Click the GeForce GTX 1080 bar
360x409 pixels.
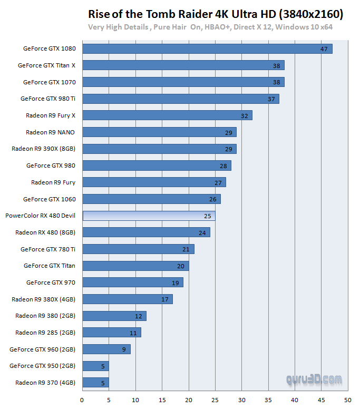207,48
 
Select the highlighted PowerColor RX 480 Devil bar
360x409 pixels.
149,216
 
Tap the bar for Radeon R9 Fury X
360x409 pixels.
167,115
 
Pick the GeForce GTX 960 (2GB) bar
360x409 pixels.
106,349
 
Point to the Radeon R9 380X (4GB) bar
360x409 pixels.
128,299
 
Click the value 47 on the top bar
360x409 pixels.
324,49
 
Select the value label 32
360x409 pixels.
244,115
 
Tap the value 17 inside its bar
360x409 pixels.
164,299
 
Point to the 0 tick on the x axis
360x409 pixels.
82,400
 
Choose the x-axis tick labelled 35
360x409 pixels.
268,400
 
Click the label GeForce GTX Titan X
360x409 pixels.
46,66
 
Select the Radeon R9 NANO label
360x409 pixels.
50,132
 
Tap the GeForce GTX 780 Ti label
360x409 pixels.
48,249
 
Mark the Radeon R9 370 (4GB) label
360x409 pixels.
45,383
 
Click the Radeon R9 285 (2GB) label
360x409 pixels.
45,333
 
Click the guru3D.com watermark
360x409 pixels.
314,379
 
